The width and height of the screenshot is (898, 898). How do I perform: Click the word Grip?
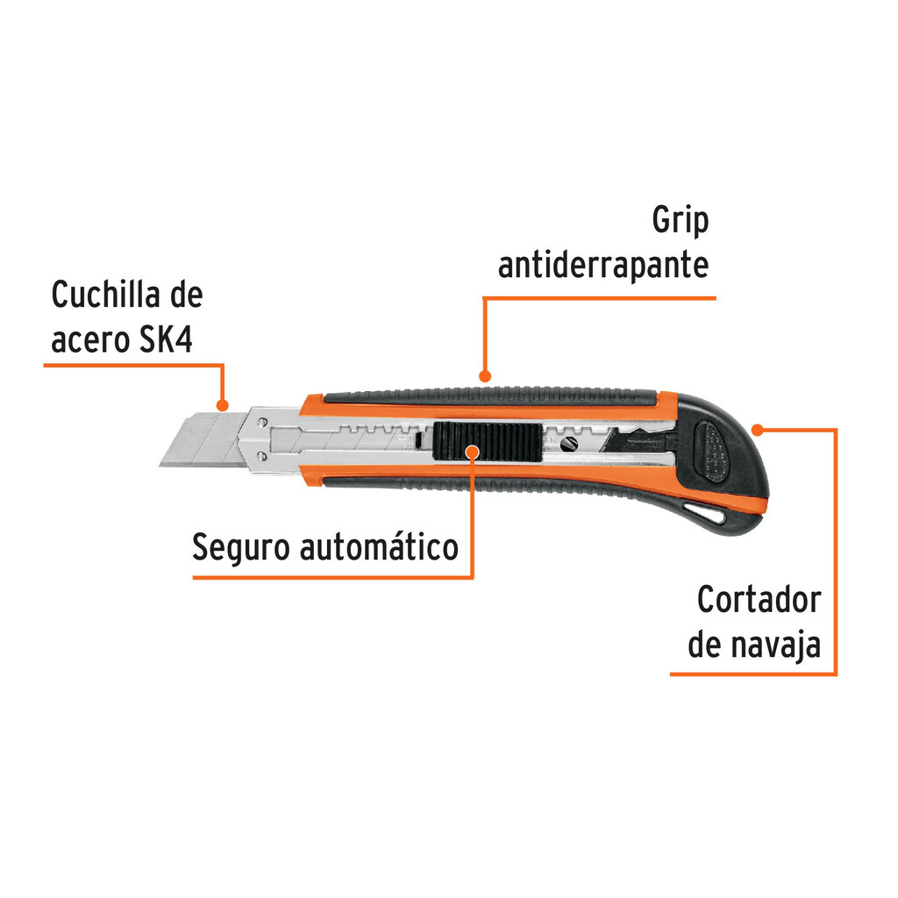(681, 221)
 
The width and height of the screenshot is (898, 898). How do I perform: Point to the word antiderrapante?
(603, 266)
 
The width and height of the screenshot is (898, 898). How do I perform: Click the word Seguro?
(242, 548)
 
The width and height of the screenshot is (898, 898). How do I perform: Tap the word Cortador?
(759, 600)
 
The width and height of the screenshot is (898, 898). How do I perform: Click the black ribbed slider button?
(488, 442)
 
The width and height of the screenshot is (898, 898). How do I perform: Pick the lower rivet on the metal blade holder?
(261, 456)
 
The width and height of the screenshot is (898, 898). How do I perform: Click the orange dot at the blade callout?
(223, 405)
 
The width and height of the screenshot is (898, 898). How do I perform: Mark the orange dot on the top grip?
(485, 376)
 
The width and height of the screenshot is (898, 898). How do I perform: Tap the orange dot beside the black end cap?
(757, 430)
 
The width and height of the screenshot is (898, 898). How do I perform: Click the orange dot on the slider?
(472, 452)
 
